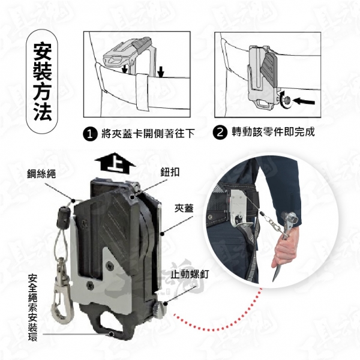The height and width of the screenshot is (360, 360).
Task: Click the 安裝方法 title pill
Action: [x=42, y=81]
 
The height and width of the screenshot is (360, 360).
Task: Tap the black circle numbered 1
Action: [x=90, y=134]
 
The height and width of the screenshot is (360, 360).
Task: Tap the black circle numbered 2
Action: [x=220, y=133]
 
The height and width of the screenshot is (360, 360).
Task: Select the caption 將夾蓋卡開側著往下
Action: [x=148, y=134]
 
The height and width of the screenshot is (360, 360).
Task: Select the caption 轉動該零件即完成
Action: [x=273, y=132]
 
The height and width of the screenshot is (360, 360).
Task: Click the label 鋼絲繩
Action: [x=41, y=174]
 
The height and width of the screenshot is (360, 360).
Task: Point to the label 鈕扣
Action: [x=170, y=172]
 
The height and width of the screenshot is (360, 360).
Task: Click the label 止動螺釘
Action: [x=190, y=274]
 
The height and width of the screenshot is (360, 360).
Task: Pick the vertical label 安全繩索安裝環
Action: [x=32, y=307]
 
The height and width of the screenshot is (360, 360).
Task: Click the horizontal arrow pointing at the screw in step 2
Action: [x=304, y=101]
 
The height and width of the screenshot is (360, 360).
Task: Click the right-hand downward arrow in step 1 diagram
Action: [x=161, y=71]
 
